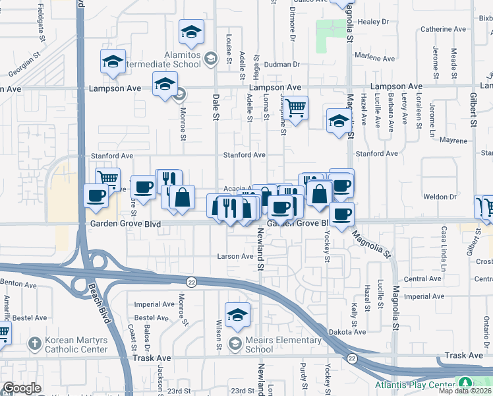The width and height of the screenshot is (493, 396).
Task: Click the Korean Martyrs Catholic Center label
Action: click(76, 345)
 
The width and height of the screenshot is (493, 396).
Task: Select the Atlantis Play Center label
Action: click(415, 385)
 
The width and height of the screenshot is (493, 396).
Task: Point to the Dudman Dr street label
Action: click(284, 65)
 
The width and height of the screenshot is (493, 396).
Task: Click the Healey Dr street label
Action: click(369, 22)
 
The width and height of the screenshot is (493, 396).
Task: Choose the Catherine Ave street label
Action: click(444, 29)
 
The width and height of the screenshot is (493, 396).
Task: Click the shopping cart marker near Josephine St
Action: click(296, 106)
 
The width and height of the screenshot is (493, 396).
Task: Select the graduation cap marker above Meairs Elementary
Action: click(237, 314)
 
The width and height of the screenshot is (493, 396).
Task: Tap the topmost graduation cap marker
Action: click(191, 31)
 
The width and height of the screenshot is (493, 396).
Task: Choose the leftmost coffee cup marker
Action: click(96, 195)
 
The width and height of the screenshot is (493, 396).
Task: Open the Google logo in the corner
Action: click(22, 388)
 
